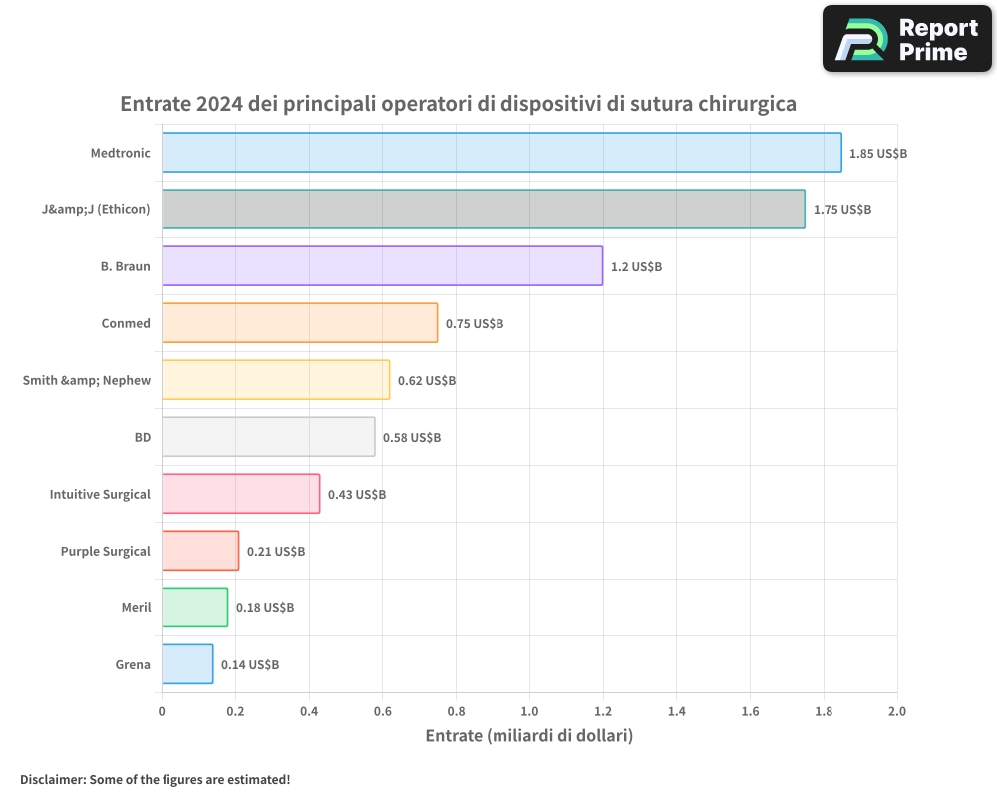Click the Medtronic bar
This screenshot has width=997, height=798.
click(501, 153)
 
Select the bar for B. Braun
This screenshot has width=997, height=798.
click(382, 266)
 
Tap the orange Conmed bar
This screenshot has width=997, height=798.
click(299, 323)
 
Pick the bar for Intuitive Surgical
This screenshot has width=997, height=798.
click(240, 494)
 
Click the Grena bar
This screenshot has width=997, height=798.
click(187, 664)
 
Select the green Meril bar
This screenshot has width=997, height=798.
click(194, 607)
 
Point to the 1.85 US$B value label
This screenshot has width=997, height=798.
click(877, 154)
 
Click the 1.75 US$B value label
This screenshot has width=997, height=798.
click(841, 210)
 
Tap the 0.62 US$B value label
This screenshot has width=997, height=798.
click(426, 381)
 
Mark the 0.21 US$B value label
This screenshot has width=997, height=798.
click(275, 552)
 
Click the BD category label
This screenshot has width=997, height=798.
click(142, 437)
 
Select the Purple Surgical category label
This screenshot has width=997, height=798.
click(105, 551)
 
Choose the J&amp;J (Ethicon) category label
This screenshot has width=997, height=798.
click(89, 209)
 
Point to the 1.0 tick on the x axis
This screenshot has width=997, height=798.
click(529, 712)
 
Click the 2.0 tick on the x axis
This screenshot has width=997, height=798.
click(896, 712)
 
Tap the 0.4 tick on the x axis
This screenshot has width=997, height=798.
click(309, 712)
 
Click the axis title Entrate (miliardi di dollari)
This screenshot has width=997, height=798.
click(528, 736)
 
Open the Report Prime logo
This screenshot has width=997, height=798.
click(906, 39)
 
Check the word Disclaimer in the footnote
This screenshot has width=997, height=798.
click(51, 779)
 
